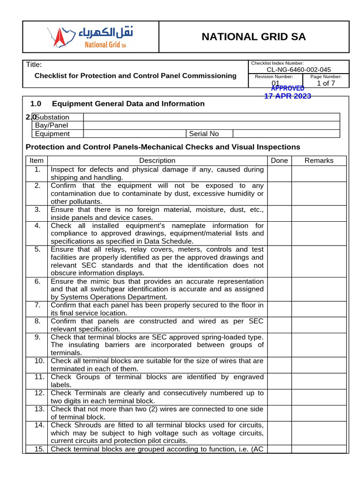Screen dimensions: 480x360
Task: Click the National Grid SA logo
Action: tap(90, 37)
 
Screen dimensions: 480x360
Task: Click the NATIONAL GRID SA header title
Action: tap(254, 37)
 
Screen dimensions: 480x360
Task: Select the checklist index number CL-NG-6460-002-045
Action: tap(299, 70)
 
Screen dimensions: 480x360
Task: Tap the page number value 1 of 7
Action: tap(326, 83)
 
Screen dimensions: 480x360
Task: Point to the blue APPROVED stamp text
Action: tap(288, 88)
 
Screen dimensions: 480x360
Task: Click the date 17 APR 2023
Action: tap(287, 96)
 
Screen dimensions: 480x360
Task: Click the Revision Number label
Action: tap(274, 76)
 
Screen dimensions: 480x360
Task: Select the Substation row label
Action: tap(52, 117)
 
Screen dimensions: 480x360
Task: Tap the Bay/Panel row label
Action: tap(51, 125)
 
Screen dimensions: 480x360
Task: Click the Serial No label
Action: tap(204, 134)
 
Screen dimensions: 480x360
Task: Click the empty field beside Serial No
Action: tap(286, 134)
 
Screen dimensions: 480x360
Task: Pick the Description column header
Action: tap(157, 160)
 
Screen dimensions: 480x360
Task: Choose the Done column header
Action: tap(279, 160)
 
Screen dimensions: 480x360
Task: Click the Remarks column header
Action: tap(319, 160)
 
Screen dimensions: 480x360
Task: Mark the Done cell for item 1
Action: tap(279, 173)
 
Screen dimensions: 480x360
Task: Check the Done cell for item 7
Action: tap(279, 309)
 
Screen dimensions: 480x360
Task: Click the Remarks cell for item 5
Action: tap(319, 261)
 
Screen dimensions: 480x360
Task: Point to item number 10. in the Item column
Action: tap(39, 361)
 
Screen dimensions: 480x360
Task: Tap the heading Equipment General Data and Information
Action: tap(128, 104)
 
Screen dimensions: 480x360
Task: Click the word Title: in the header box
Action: tap(34, 65)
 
